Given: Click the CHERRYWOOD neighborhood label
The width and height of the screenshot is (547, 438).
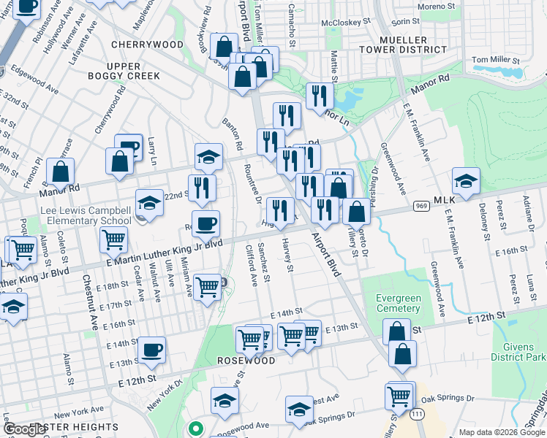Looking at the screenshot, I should [x=147, y=45].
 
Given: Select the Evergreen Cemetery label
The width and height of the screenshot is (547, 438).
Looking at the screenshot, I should [x=398, y=303].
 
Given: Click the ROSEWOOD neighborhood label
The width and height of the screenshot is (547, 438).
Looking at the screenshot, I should [x=246, y=361].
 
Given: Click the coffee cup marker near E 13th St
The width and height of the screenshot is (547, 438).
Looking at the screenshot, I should [x=151, y=350].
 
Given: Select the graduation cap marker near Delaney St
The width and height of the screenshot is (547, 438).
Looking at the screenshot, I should [x=466, y=180].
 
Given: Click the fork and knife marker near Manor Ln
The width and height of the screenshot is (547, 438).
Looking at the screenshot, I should [x=320, y=96].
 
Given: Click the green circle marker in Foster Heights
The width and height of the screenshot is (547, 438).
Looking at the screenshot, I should [x=194, y=429].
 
